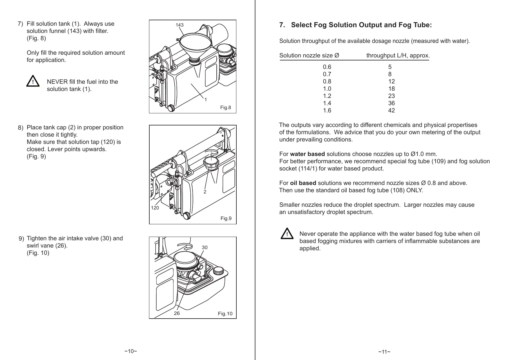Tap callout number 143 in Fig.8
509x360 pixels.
click(180, 25)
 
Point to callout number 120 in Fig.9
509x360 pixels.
click(155, 208)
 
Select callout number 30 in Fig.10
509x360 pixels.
click(205, 247)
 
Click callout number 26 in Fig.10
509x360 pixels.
click(177, 313)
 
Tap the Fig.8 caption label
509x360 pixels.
click(225, 107)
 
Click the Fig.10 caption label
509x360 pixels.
click(225, 313)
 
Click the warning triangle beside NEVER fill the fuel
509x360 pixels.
click(33, 82)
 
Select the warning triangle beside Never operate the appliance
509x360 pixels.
click(287, 234)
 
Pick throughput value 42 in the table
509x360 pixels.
click(391, 110)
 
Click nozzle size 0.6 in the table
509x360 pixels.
click(327, 67)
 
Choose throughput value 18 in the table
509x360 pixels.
click(391, 89)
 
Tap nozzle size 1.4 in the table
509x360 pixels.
click(327, 103)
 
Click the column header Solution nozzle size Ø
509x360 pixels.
click(309, 55)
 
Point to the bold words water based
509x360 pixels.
click(307, 154)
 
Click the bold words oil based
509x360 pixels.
click(303, 183)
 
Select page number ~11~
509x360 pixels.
click(384, 352)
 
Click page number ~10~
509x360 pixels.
click(131, 351)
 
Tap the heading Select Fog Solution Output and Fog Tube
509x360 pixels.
click(361, 25)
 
